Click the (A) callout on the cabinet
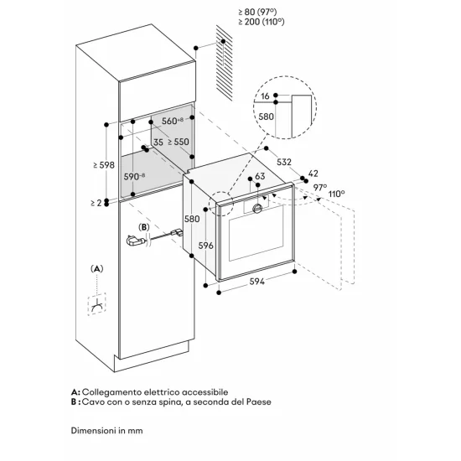[x=97, y=269]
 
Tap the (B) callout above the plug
[x=144, y=226]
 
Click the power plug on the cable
[x=133, y=242]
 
